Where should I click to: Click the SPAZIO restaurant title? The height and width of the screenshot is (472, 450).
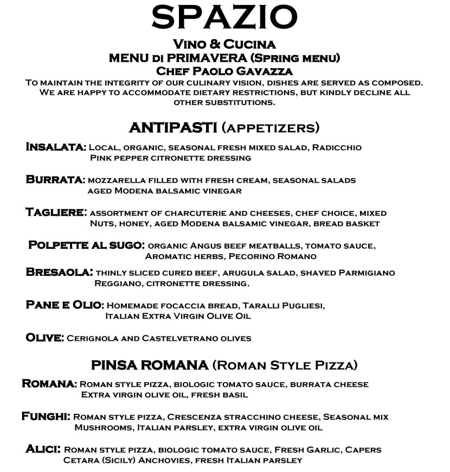pos(224,18)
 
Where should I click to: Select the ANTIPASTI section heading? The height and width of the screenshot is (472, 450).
pos(173,128)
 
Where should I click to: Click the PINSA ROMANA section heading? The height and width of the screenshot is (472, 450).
pos(150,365)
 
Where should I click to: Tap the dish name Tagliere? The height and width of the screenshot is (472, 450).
pos(56,212)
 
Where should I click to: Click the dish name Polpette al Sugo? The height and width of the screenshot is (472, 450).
pos(86,245)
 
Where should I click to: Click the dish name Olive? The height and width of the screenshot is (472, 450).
pos(44,338)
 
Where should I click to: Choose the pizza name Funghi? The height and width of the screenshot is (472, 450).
pos(46,417)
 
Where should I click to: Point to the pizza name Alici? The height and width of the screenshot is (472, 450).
pos(43,449)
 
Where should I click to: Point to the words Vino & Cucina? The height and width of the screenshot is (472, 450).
pos(224,44)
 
